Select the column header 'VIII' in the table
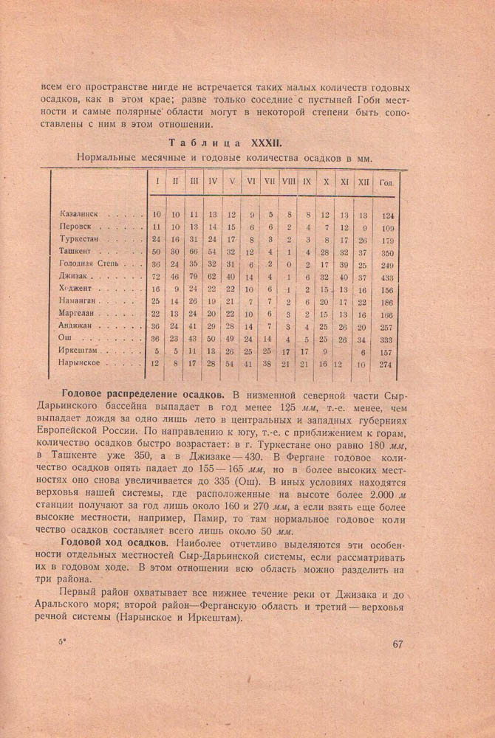[287, 181]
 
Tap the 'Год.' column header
[386, 182]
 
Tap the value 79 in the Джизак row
[194, 276]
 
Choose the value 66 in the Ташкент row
[194, 252]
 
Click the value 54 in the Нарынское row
[231, 363]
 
